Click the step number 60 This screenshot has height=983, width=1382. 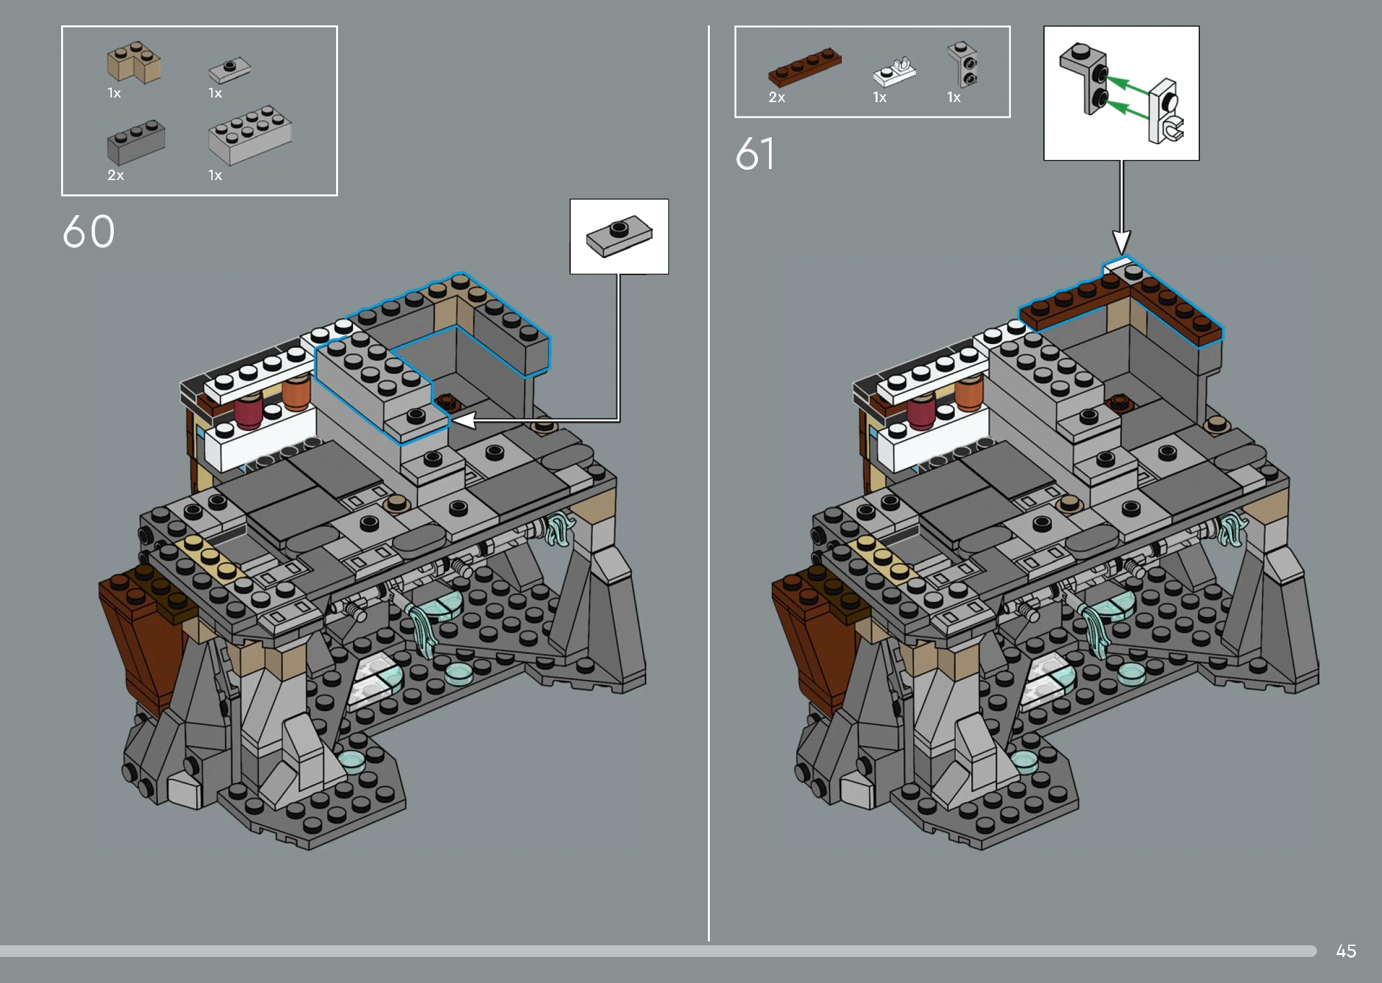(88, 231)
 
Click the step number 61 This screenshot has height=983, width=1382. (755, 153)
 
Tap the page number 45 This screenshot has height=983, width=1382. (1346, 951)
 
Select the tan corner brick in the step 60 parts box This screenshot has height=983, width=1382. (134, 63)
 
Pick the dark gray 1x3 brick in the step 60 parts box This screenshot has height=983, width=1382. (136, 142)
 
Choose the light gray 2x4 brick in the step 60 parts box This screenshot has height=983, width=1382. (250, 135)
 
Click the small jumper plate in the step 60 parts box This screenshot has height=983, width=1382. (229, 70)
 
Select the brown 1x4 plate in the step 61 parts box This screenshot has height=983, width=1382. (805, 67)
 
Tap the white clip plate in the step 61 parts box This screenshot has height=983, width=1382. (894, 73)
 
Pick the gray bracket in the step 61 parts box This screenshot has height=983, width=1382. (963, 64)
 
